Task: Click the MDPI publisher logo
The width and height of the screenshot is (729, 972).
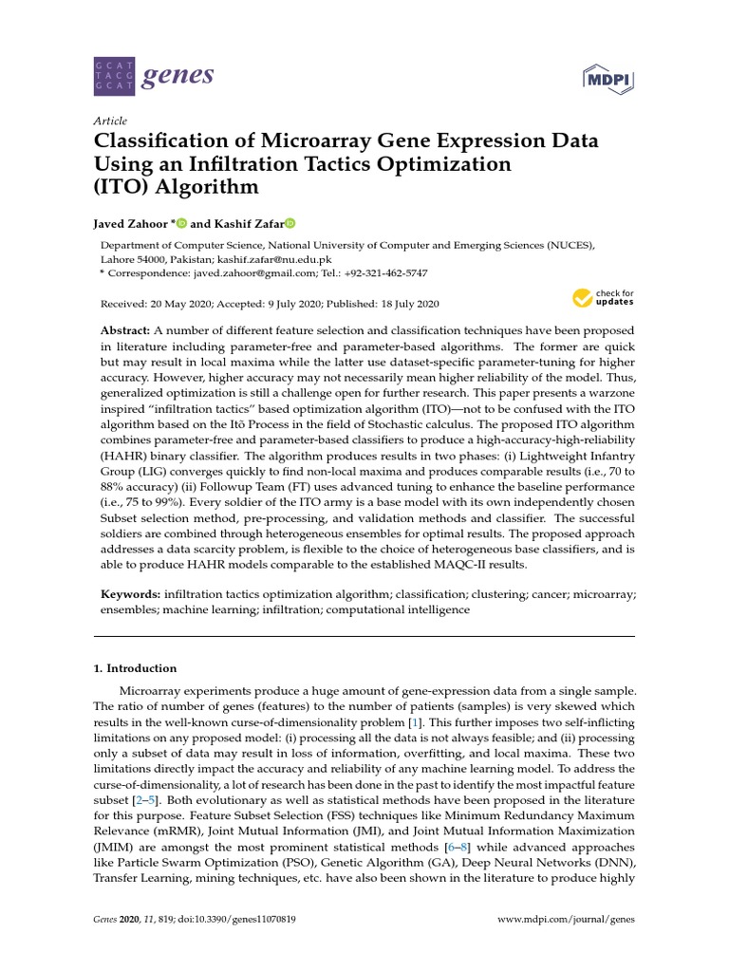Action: [x=607, y=77]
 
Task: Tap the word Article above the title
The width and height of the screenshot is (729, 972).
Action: [x=109, y=121]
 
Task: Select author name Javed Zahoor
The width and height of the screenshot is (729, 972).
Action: [x=132, y=224]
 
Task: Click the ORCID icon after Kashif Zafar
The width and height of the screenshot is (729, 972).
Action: [x=290, y=224]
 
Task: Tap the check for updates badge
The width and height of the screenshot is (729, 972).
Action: [x=602, y=299]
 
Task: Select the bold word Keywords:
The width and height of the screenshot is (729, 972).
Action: [x=131, y=593]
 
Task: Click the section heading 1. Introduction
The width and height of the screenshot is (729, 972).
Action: [x=135, y=668]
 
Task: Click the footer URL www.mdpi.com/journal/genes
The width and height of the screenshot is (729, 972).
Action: [x=567, y=920]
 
